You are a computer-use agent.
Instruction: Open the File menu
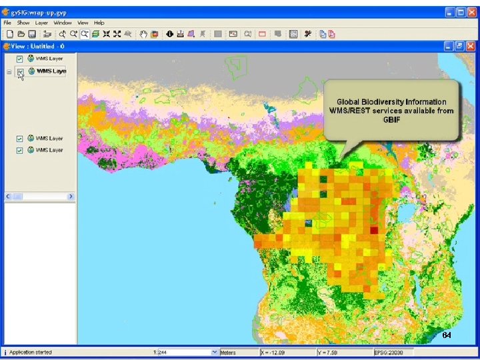[x=7, y=23]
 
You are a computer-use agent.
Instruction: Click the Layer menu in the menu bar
[x=41, y=23]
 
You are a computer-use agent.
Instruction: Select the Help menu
[x=99, y=23]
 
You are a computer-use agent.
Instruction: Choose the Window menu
[x=63, y=23]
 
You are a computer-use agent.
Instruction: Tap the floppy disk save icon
[x=31, y=34]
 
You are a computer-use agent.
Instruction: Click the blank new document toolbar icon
[x=10, y=34]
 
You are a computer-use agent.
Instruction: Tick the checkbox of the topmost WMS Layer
[x=20, y=59]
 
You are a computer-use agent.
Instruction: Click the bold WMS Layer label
[x=51, y=71]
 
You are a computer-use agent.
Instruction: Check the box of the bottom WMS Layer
[x=20, y=150]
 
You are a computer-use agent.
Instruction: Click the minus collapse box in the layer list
[x=9, y=71]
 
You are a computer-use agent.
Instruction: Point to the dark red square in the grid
[x=373, y=230]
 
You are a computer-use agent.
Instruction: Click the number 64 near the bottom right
[x=447, y=335]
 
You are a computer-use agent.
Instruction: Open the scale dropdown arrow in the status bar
[x=215, y=352]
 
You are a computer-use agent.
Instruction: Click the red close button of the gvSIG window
[x=469, y=12]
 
